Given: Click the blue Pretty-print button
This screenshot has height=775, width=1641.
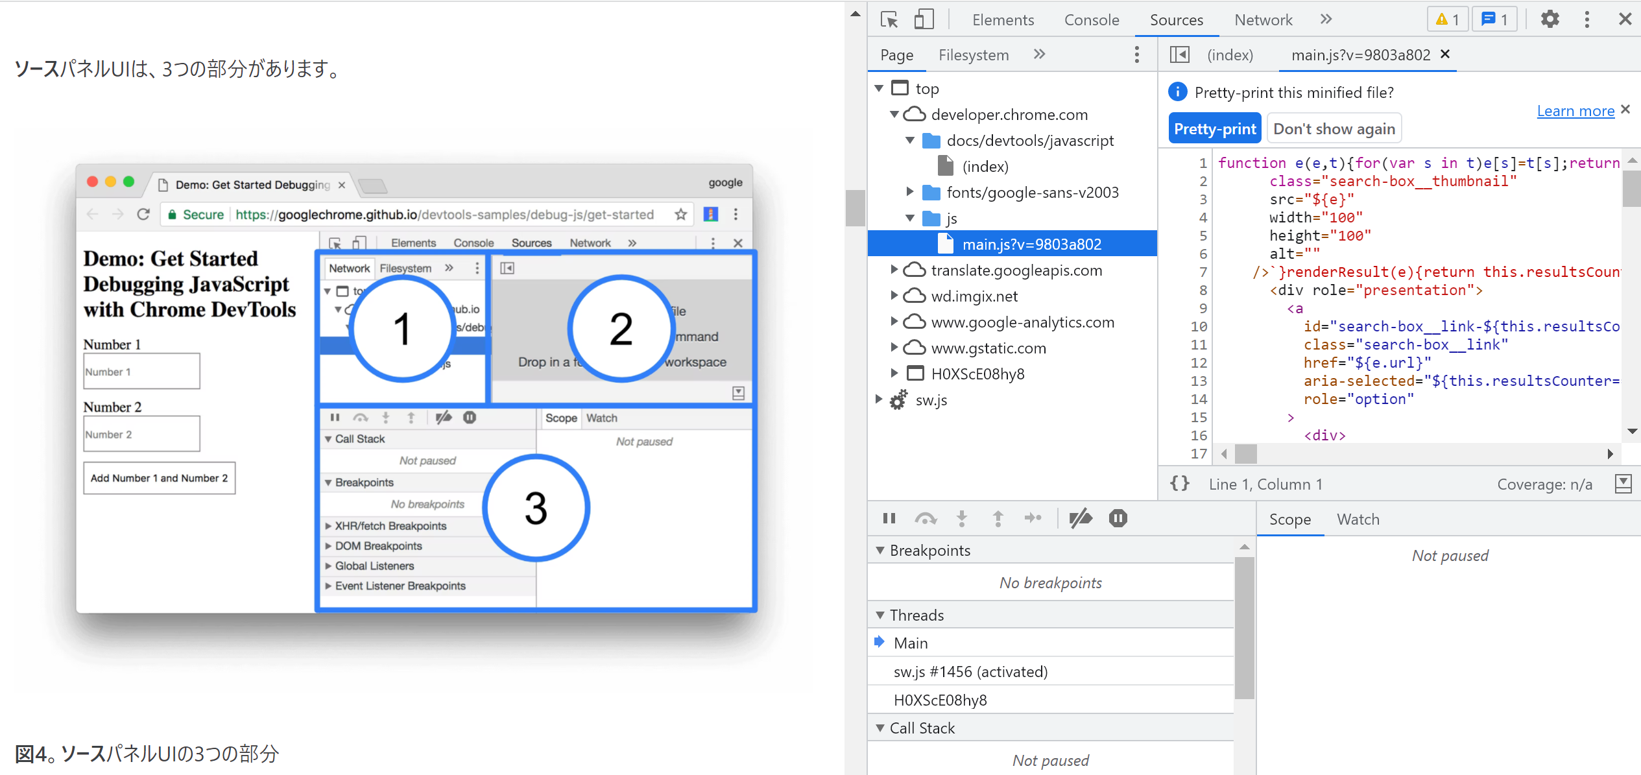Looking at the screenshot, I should coord(1214,128).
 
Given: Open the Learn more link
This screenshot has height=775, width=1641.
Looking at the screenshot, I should coord(1575,111).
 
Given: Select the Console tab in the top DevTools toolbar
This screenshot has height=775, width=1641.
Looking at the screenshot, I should coord(1091,20).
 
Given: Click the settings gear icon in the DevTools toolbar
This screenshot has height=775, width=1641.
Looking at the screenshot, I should coord(1550,19).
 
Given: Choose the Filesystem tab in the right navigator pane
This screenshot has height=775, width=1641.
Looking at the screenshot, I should coord(973,55).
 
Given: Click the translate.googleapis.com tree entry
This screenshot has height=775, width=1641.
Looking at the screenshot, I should coord(1016,270).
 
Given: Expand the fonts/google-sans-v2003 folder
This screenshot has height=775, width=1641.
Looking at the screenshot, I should coord(910,192).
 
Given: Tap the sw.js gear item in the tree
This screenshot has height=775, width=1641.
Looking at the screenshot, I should coord(931,400).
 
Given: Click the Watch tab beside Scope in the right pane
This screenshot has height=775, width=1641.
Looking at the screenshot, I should coord(1358,519).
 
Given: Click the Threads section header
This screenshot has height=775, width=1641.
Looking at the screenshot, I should coord(916,615).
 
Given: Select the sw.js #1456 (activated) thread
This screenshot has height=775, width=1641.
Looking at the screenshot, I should coord(970,672).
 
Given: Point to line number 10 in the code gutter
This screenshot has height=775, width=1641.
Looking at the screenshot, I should coord(1198,326).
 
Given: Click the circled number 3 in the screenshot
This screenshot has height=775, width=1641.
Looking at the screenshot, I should coord(536,508).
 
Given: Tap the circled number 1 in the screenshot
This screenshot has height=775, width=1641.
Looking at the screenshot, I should coord(402,329).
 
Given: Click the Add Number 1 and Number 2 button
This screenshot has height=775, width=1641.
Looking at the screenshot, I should coord(159,478).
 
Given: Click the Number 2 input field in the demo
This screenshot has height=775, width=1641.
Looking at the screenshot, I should coord(141,434).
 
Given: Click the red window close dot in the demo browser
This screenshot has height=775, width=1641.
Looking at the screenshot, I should coord(93,182).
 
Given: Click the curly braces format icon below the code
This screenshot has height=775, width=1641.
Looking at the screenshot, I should coord(1179,483).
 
